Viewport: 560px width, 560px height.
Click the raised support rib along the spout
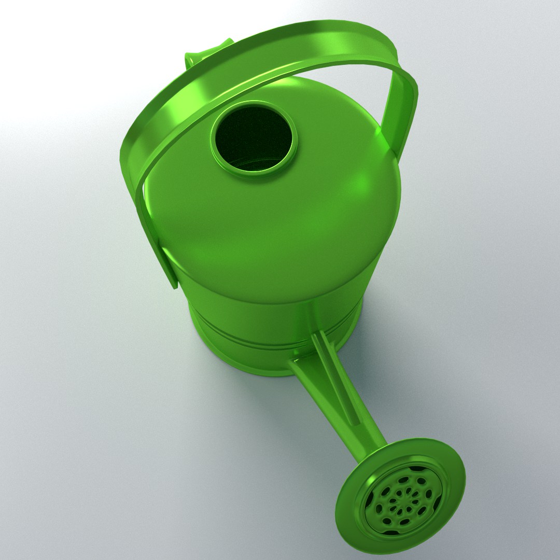pos(337,379)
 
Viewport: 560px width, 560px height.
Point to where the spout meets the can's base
pos(303,363)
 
